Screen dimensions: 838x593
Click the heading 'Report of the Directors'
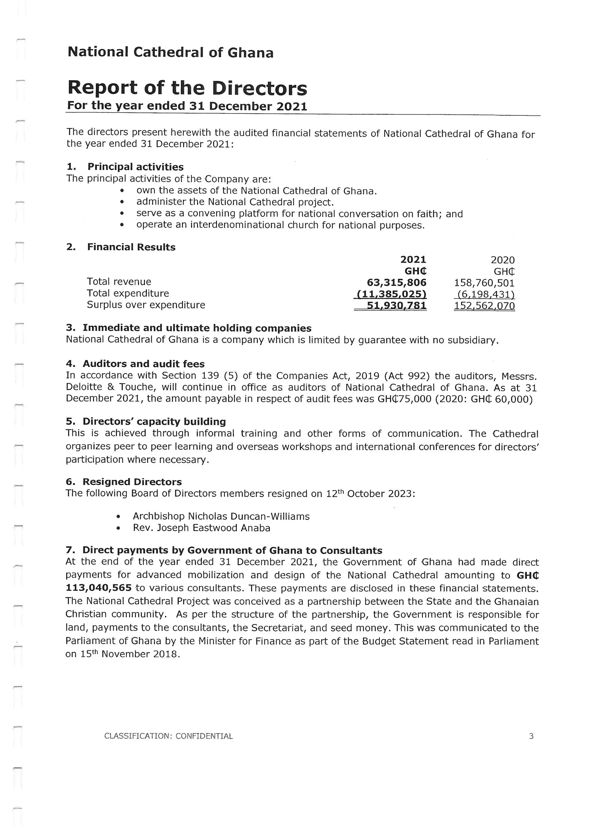coord(187,88)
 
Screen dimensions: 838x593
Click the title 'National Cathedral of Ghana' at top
coord(171,53)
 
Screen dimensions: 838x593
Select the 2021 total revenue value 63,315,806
coord(397,282)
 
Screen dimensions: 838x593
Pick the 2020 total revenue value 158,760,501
coord(484,283)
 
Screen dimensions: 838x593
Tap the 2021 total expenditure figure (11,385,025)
coord(391,294)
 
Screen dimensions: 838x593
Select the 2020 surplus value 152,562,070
coord(484,306)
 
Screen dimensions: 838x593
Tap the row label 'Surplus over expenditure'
coord(146,305)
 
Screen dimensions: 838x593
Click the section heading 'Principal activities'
coord(136,167)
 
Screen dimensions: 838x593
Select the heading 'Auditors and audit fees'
coord(144,364)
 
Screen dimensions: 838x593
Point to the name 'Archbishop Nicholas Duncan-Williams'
coord(221,517)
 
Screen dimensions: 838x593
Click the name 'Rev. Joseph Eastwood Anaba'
coord(202,528)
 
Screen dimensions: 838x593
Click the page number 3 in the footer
coord(531,736)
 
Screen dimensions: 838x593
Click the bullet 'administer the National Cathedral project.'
coord(235,202)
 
